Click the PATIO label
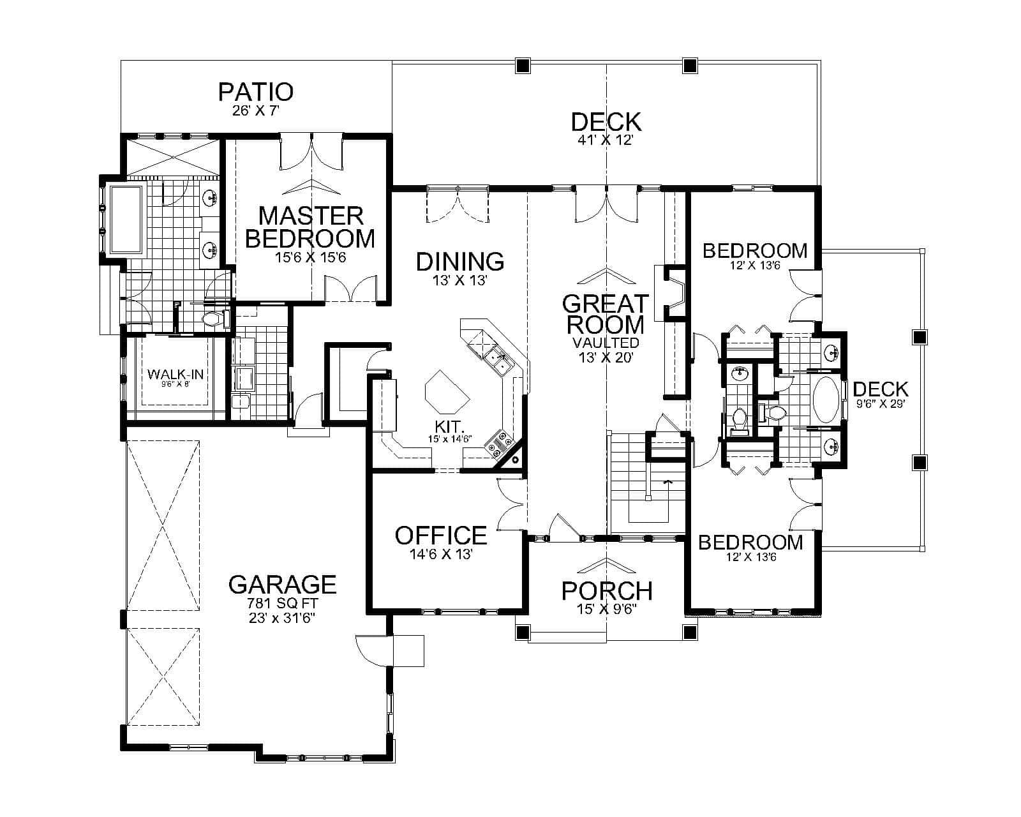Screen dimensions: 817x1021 [x=255, y=92]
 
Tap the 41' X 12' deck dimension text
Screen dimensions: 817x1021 [x=605, y=140]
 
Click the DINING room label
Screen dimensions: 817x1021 [x=460, y=261]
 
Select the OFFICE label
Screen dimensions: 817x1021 [x=441, y=535]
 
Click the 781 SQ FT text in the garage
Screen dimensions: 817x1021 [x=282, y=603]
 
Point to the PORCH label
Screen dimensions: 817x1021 [x=606, y=590]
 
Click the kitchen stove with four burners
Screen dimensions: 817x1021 [x=499, y=442]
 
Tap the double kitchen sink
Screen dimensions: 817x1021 [x=498, y=361]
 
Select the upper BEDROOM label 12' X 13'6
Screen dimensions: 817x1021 [x=754, y=250]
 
